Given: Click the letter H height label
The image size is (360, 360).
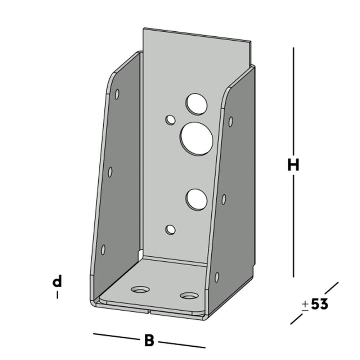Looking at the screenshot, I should point(293,165).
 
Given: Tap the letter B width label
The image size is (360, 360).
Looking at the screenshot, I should point(149,340).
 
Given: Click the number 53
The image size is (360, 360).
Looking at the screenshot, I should point(319,305).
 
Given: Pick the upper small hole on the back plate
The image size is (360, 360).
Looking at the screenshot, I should point(170,120).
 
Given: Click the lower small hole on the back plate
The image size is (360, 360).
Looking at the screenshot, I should point(170,229).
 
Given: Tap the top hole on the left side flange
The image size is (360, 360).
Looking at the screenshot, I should point(117,94).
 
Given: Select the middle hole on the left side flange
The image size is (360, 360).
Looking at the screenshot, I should point(110,172).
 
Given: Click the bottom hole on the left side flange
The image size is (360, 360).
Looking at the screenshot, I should point(103,249).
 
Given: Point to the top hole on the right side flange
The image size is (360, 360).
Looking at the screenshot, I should point(230,122).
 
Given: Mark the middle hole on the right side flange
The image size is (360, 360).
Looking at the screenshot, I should point(224,199).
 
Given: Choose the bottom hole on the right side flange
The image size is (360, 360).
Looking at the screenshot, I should point(217,277).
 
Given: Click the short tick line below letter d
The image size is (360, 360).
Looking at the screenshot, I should point(57,295).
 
